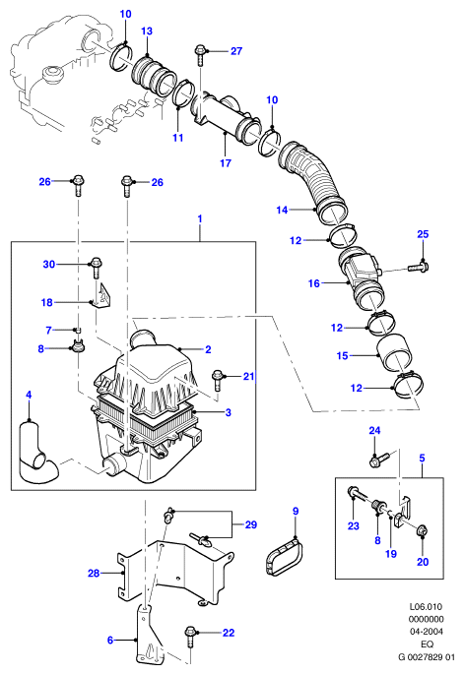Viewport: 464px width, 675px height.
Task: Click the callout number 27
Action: pyautogui.click(x=236, y=51)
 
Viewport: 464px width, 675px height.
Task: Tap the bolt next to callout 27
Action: pyautogui.click(x=200, y=54)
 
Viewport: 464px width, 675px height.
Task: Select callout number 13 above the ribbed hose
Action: pyautogui.click(x=147, y=31)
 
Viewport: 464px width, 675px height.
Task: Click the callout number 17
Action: pyautogui.click(x=226, y=162)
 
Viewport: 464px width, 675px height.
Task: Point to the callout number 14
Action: pyautogui.click(x=282, y=211)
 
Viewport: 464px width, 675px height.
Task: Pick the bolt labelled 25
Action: pyautogui.click(x=417, y=268)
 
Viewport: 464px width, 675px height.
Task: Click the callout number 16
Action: pyautogui.click(x=314, y=283)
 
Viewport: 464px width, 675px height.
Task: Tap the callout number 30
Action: pyautogui.click(x=49, y=264)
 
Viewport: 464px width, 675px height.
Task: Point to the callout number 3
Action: pyautogui.click(x=229, y=412)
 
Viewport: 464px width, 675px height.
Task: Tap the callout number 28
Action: pyautogui.click(x=94, y=573)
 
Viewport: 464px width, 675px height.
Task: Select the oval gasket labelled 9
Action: pyautogui.click(x=282, y=558)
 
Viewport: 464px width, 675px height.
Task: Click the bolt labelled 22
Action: pyautogui.click(x=190, y=637)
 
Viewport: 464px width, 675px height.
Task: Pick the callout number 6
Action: pyautogui.click(x=110, y=641)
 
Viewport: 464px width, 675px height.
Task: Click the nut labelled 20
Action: pyautogui.click(x=422, y=531)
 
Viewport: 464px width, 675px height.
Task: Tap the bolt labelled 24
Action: pyautogui.click(x=379, y=460)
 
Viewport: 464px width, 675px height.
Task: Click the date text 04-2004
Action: pyautogui.click(x=426, y=632)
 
